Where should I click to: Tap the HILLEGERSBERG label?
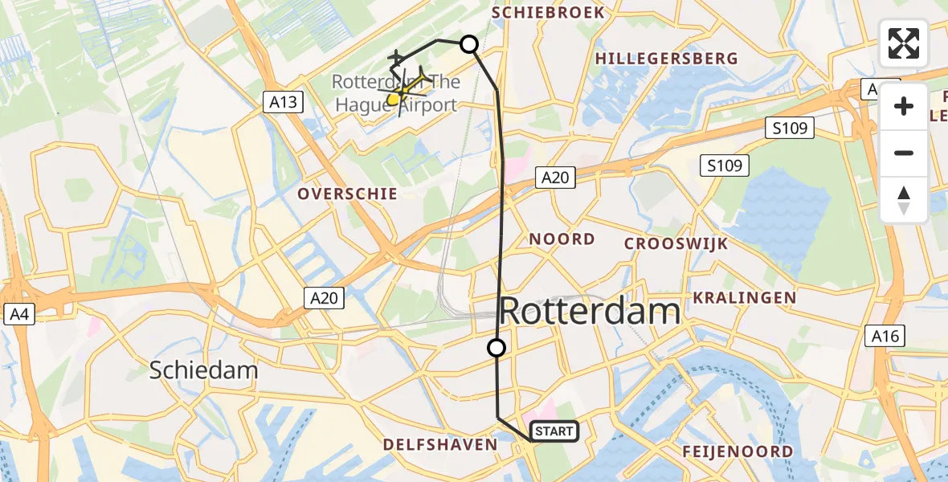(666, 59)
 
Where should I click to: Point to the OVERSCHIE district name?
(347, 194)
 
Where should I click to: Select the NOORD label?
(562, 239)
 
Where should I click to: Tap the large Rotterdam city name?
(590, 312)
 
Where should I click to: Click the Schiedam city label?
(204, 370)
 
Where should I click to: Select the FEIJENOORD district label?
(738, 451)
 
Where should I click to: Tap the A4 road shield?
(17, 315)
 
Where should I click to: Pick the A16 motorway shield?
(885, 336)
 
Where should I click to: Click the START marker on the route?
(554, 432)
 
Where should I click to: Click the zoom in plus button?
(904, 106)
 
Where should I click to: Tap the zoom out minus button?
(904, 153)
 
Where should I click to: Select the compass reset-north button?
(904, 199)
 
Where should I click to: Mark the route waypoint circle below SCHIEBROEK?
(468, 45)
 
